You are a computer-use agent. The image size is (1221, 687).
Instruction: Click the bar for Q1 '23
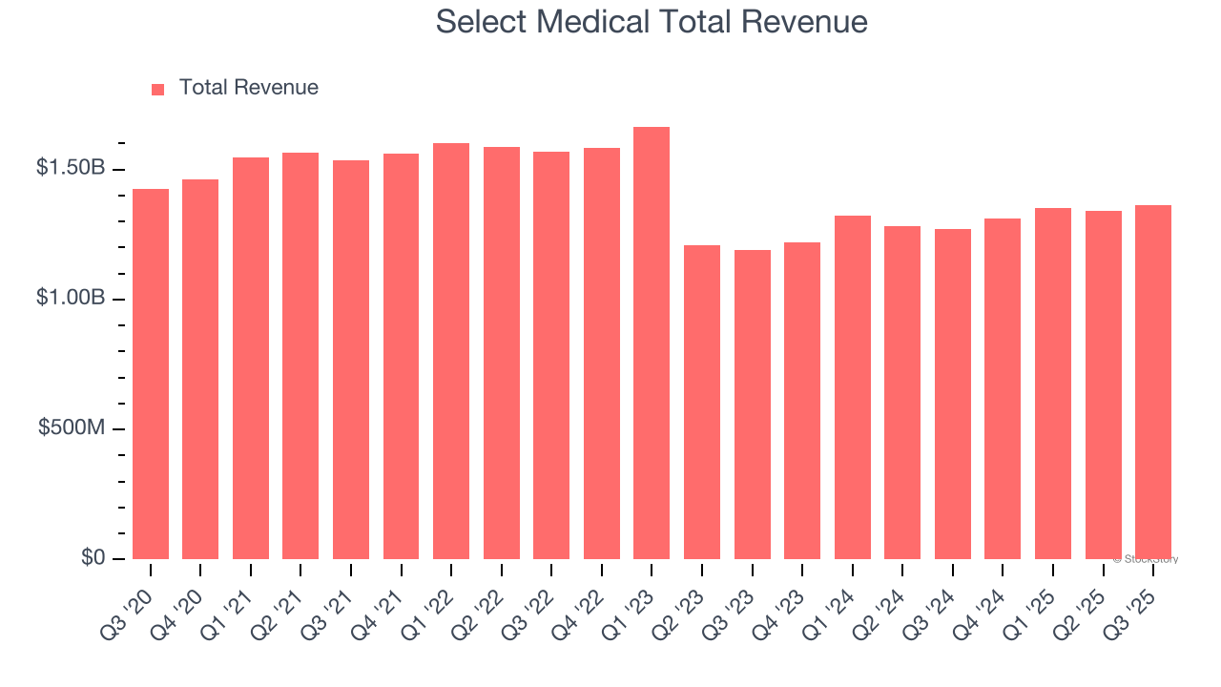coord(652,343)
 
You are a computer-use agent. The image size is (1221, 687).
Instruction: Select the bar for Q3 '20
coord(151,374)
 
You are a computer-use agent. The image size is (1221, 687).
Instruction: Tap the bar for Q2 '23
coord(702,402)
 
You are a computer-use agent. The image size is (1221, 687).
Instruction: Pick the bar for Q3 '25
coord(1153,382)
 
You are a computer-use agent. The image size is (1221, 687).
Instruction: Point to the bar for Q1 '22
coord(451,351)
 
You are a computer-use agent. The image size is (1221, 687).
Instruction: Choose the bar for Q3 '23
coord(753,405)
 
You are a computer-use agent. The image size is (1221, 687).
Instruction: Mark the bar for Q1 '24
coord(853,387)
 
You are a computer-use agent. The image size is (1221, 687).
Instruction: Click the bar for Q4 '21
coord(401,356)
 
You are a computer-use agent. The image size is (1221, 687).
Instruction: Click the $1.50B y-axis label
coord(71,168)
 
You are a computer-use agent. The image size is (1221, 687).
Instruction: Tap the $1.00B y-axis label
coord(71,298)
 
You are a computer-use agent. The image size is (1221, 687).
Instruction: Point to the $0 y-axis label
coord(92,557)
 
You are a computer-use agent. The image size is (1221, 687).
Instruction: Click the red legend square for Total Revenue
coord(158,89)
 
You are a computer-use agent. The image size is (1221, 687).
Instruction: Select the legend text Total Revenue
coord(248,88)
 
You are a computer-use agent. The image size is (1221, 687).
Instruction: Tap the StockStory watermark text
coord(1146,560)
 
